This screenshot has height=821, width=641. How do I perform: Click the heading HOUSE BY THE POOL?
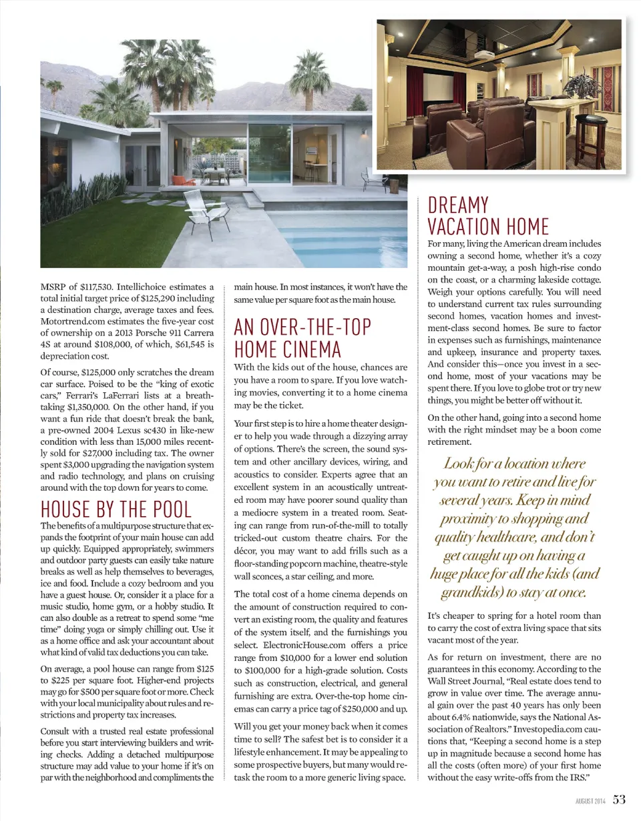(x=116, y=508)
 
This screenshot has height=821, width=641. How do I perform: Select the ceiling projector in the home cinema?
(x=485, y=55)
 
